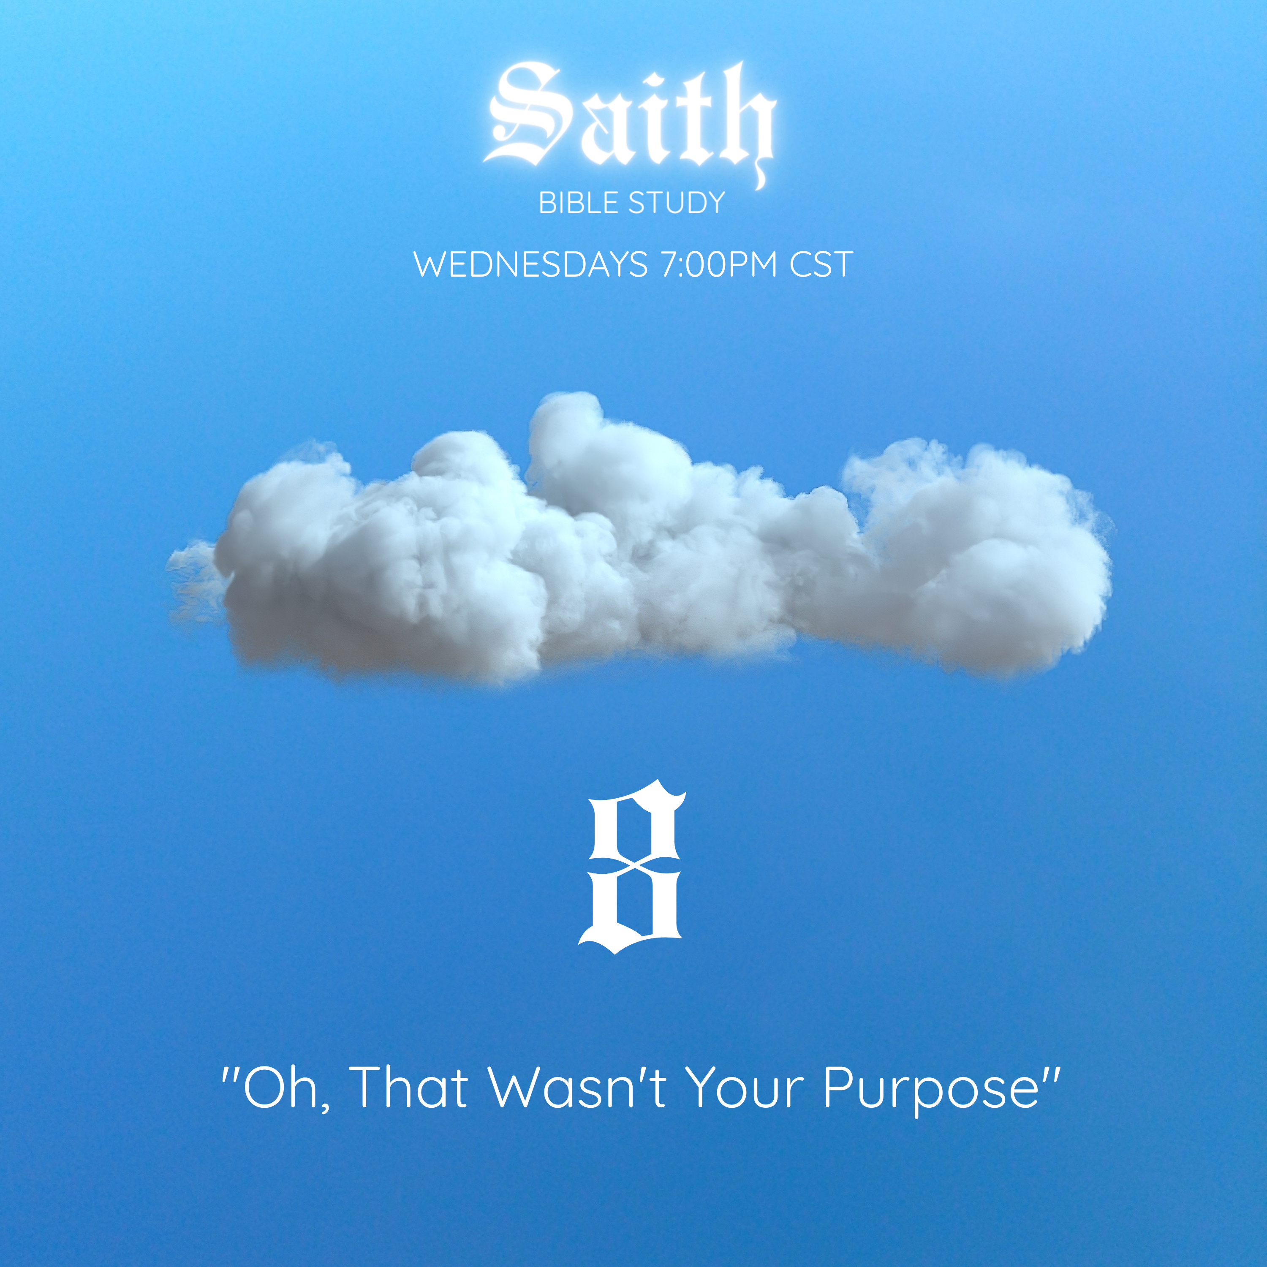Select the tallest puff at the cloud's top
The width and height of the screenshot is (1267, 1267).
click(564, 420)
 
